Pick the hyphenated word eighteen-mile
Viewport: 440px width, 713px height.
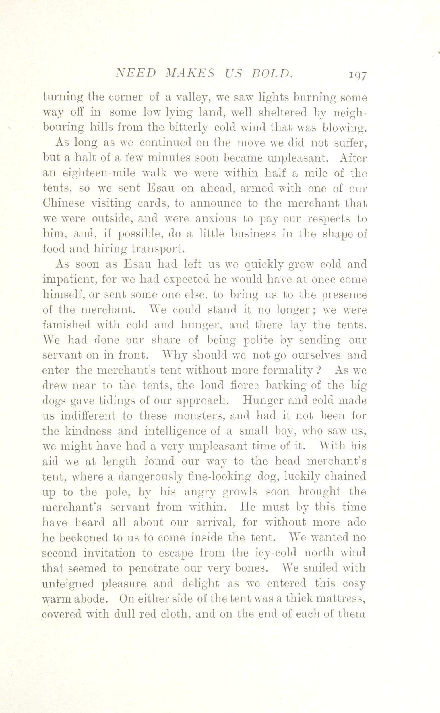pos(99,174)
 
